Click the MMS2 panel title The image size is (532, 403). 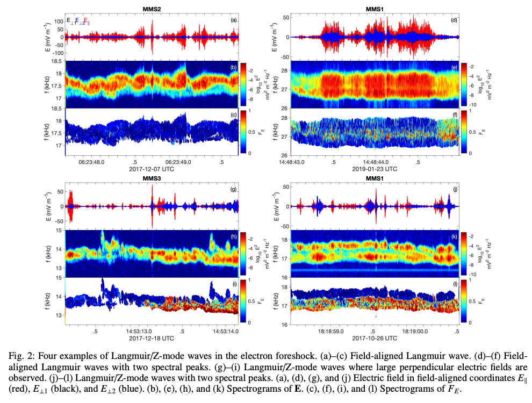pos(152,9)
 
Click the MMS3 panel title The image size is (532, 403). pos(152,178)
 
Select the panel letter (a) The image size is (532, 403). pos(234,20)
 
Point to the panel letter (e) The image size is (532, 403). pos(454,67)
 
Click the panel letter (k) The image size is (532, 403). pos(454,236)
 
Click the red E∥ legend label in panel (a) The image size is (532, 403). pos(87,21)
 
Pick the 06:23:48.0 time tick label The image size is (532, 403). pos(91,162)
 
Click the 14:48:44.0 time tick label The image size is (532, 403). pos(376,162)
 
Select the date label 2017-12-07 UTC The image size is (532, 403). pos(152,169)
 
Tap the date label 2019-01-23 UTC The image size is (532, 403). pos(375,169)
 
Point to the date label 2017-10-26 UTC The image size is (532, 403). pos(375,338)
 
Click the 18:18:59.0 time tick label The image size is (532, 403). pos(331,332)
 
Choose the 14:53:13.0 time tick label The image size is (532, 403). pos(139,332)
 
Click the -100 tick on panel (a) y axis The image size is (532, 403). pos(57,53)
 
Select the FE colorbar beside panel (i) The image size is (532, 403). pos(243,301)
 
